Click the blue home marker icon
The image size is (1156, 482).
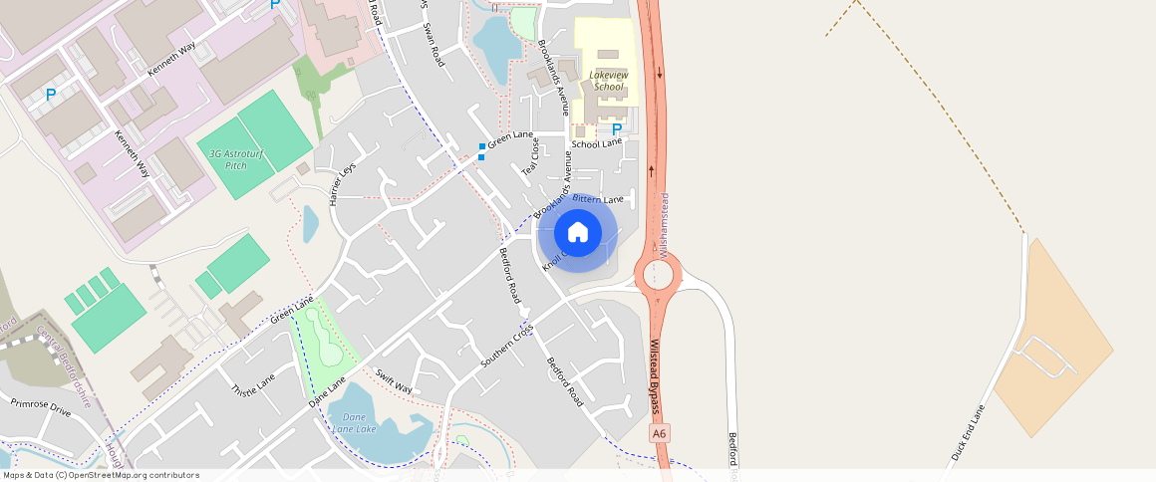click(x=577, y=233)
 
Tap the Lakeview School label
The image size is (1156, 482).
click(x=608, y=81)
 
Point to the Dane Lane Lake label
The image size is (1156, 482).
click(x=354, y=422)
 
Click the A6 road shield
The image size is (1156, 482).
click(x=659, y=434)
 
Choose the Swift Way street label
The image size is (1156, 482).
click(x=394, y=381)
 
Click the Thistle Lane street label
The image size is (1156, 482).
click(x=252, y=384)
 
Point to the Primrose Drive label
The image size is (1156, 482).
click(x=41, y=407)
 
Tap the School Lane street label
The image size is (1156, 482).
click(x=596, y=143)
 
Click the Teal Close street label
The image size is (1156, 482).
click(x=535, y=156)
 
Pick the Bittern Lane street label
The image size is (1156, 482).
click(x=598, y=200)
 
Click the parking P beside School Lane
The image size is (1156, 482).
click(x=616, y=128)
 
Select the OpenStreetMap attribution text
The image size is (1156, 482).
click(x=101, y=475)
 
